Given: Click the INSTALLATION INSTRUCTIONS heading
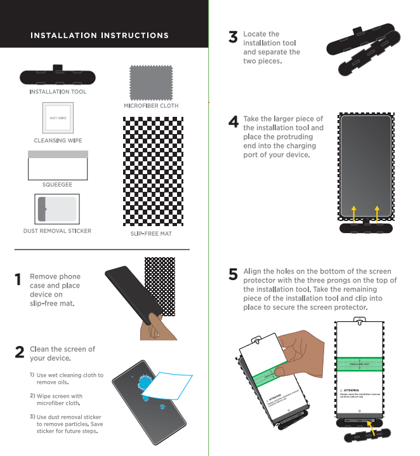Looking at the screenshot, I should (100, 35).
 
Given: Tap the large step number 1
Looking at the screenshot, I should (18, 280).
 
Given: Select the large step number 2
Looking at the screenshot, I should (20, 352).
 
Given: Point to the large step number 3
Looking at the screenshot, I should (233, 38).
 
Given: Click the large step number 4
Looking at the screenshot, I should (233, 122).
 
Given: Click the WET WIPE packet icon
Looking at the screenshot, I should (58, 118).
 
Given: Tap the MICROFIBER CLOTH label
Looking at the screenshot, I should (151, 106).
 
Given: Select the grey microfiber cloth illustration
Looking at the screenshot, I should (150, 81).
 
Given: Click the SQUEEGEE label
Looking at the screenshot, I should (57, 184).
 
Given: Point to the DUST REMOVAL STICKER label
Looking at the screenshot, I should (57, 231).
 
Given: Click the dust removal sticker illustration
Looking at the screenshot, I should (58, 208).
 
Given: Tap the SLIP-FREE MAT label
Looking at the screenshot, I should (151, 234).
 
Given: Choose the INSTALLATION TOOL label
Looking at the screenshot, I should (58, 92).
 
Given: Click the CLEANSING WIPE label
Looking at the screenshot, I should (58, 140).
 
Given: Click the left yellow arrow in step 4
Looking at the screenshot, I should (354, 214).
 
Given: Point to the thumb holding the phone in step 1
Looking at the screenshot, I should (152, 316).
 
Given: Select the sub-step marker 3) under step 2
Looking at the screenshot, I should (31, 417).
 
